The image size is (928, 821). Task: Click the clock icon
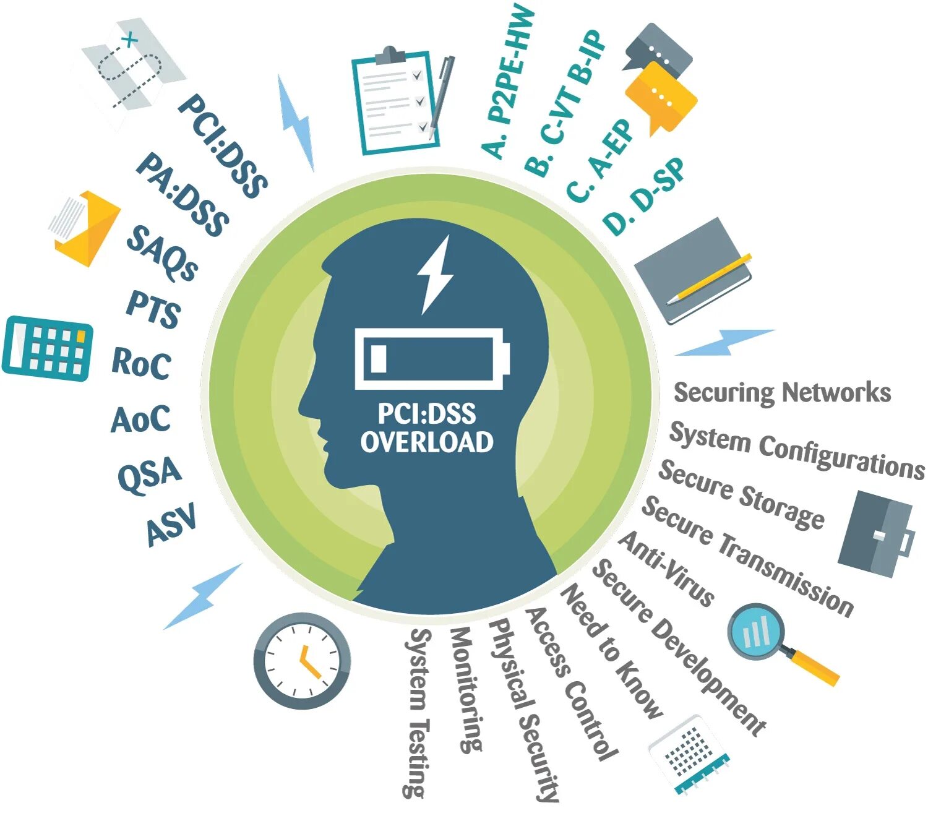click(x=302, y=661)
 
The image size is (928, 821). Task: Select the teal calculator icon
click(x=48, y=348)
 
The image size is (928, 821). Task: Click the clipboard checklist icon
click(x=396, y=101)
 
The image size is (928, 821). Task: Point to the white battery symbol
click(x=431, y=359)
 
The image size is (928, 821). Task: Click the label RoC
click(x=141, y=363)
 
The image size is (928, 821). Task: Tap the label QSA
click(x=149, y=475)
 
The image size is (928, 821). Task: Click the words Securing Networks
click(x=782, y=392)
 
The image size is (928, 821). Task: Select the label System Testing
click(x=418, y=711)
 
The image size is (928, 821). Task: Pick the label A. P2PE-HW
click(x=507, y=80)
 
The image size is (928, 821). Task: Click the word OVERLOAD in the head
click(x=427, y=442)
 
